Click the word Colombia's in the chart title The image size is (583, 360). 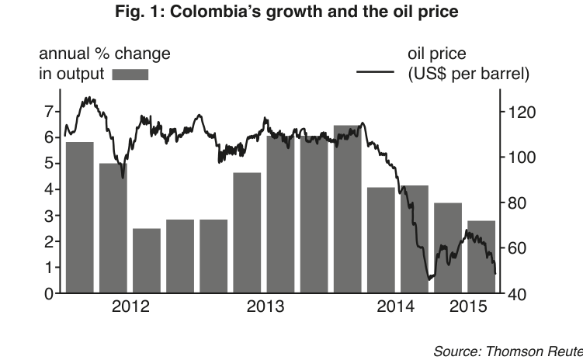[216, 12]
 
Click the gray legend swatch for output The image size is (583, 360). [130, 74]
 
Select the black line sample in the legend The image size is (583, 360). [375, 71]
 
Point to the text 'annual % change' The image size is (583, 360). [105, 54]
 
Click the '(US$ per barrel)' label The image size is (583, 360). [468, 74]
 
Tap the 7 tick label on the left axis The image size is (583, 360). [49, 112]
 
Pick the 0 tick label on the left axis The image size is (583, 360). [49, 294]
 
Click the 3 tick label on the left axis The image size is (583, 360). [49, 216]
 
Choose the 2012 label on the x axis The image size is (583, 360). [130, 306]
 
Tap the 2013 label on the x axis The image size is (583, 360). [265, 306]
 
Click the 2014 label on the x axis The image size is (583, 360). [395, 306]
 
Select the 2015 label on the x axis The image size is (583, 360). [468, 306]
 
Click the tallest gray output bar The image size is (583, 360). [347, 209]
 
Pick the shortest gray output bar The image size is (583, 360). [147, 261]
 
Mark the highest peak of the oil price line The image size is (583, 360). [88, 98]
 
